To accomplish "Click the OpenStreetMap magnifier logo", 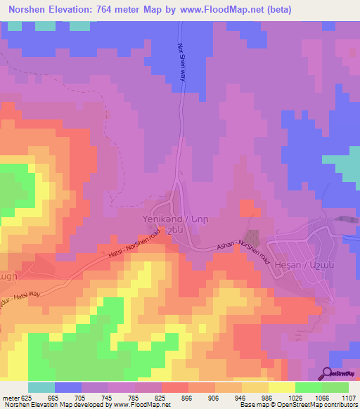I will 328,372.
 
